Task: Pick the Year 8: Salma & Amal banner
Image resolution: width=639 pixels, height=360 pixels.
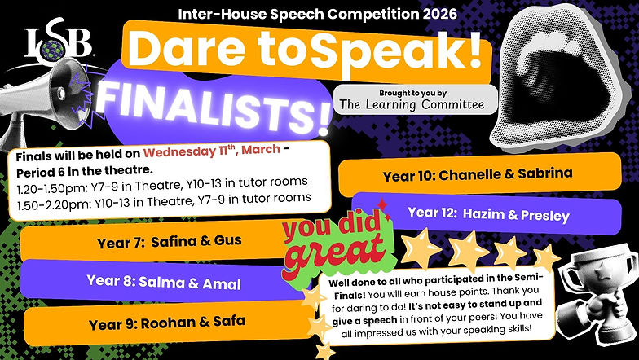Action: [155, 281]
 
